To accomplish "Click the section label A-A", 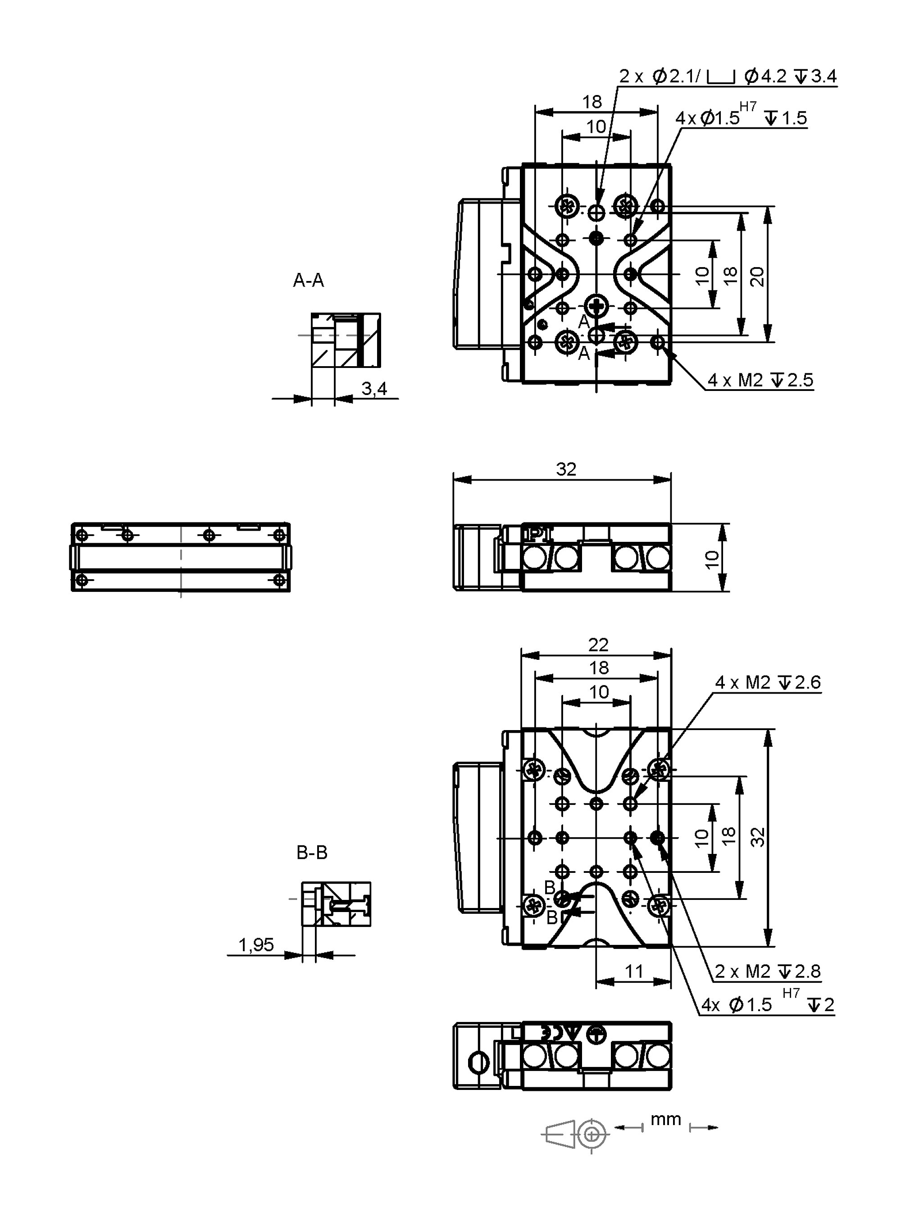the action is pyautogui.click(x=309, y=280).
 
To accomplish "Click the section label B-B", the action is pyautogui.click(x=312, y=852).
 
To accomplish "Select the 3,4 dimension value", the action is pyautogui.click(x=374, y=388).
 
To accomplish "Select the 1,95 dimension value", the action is pyautogui.click(x=256, y=945).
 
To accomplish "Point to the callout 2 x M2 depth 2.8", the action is pyautogui.click(x=768, y=971).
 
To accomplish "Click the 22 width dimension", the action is pyautogui.click(x=598, y=645).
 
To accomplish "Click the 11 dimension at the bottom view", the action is pyautogui.click(x=634, y=971).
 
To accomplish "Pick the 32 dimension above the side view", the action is pyautogui.click(x=566, y=469).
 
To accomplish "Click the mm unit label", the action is pyautogui.click(x=666, y=1119).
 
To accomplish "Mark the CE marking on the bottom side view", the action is pyautogui.click(x=552, y=1032).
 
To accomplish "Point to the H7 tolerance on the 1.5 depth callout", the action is pyautogui.click(x=748, y=106).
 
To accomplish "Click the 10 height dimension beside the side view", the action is pyautogui.click(x=712, y=559).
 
